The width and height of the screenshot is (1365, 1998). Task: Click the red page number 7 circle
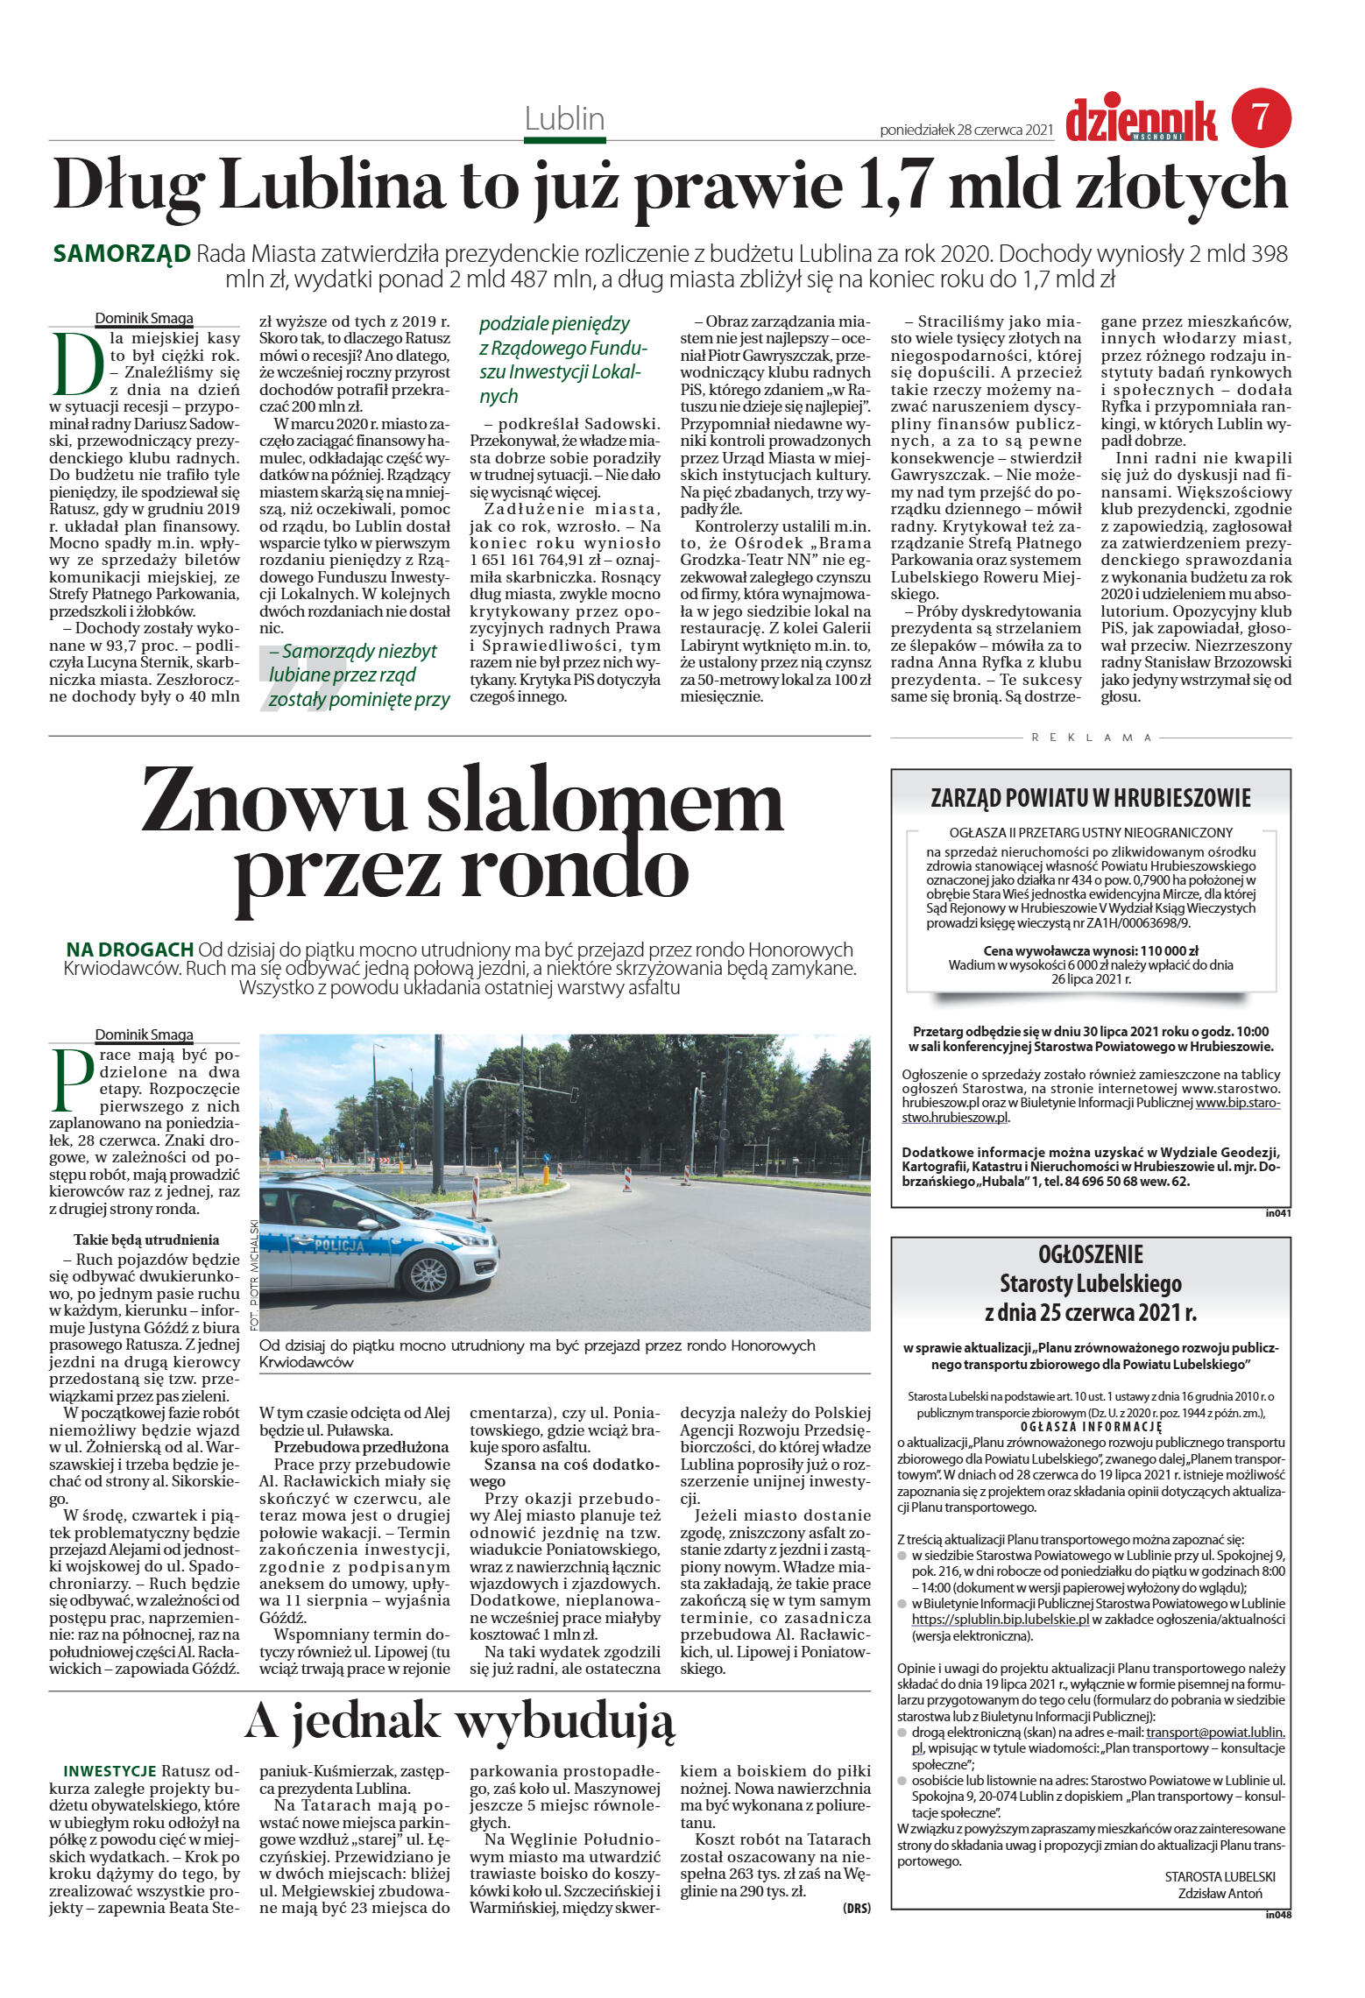tap(1261, 117)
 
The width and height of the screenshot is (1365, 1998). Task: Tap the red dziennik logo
tap(1141, 121)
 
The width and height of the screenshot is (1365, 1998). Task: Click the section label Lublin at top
tap(564, 118)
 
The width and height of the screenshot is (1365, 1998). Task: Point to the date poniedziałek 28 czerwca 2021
tap(965, 130)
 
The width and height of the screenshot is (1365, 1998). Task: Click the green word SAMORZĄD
tap(122, 254)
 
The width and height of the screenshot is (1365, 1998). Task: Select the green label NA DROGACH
tap(130, 949)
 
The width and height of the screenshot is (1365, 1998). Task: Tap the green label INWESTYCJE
tap(110, 1771)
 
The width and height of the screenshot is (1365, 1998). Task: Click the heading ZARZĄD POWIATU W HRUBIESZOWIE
tap(1091, 798)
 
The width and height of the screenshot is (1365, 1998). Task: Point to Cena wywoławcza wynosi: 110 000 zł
tap(1091, 950)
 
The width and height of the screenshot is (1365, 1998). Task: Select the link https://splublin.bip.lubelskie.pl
tap(1000, 1620)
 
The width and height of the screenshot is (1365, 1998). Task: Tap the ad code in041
tap(1278, 1213)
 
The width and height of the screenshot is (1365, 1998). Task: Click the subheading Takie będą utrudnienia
tap(146, 1239)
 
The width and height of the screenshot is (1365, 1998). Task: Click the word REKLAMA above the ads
tap(1091, 738)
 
